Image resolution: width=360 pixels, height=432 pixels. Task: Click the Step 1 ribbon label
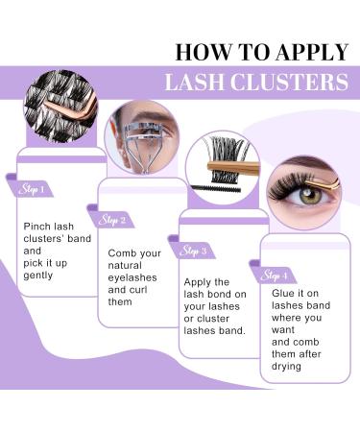32,189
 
